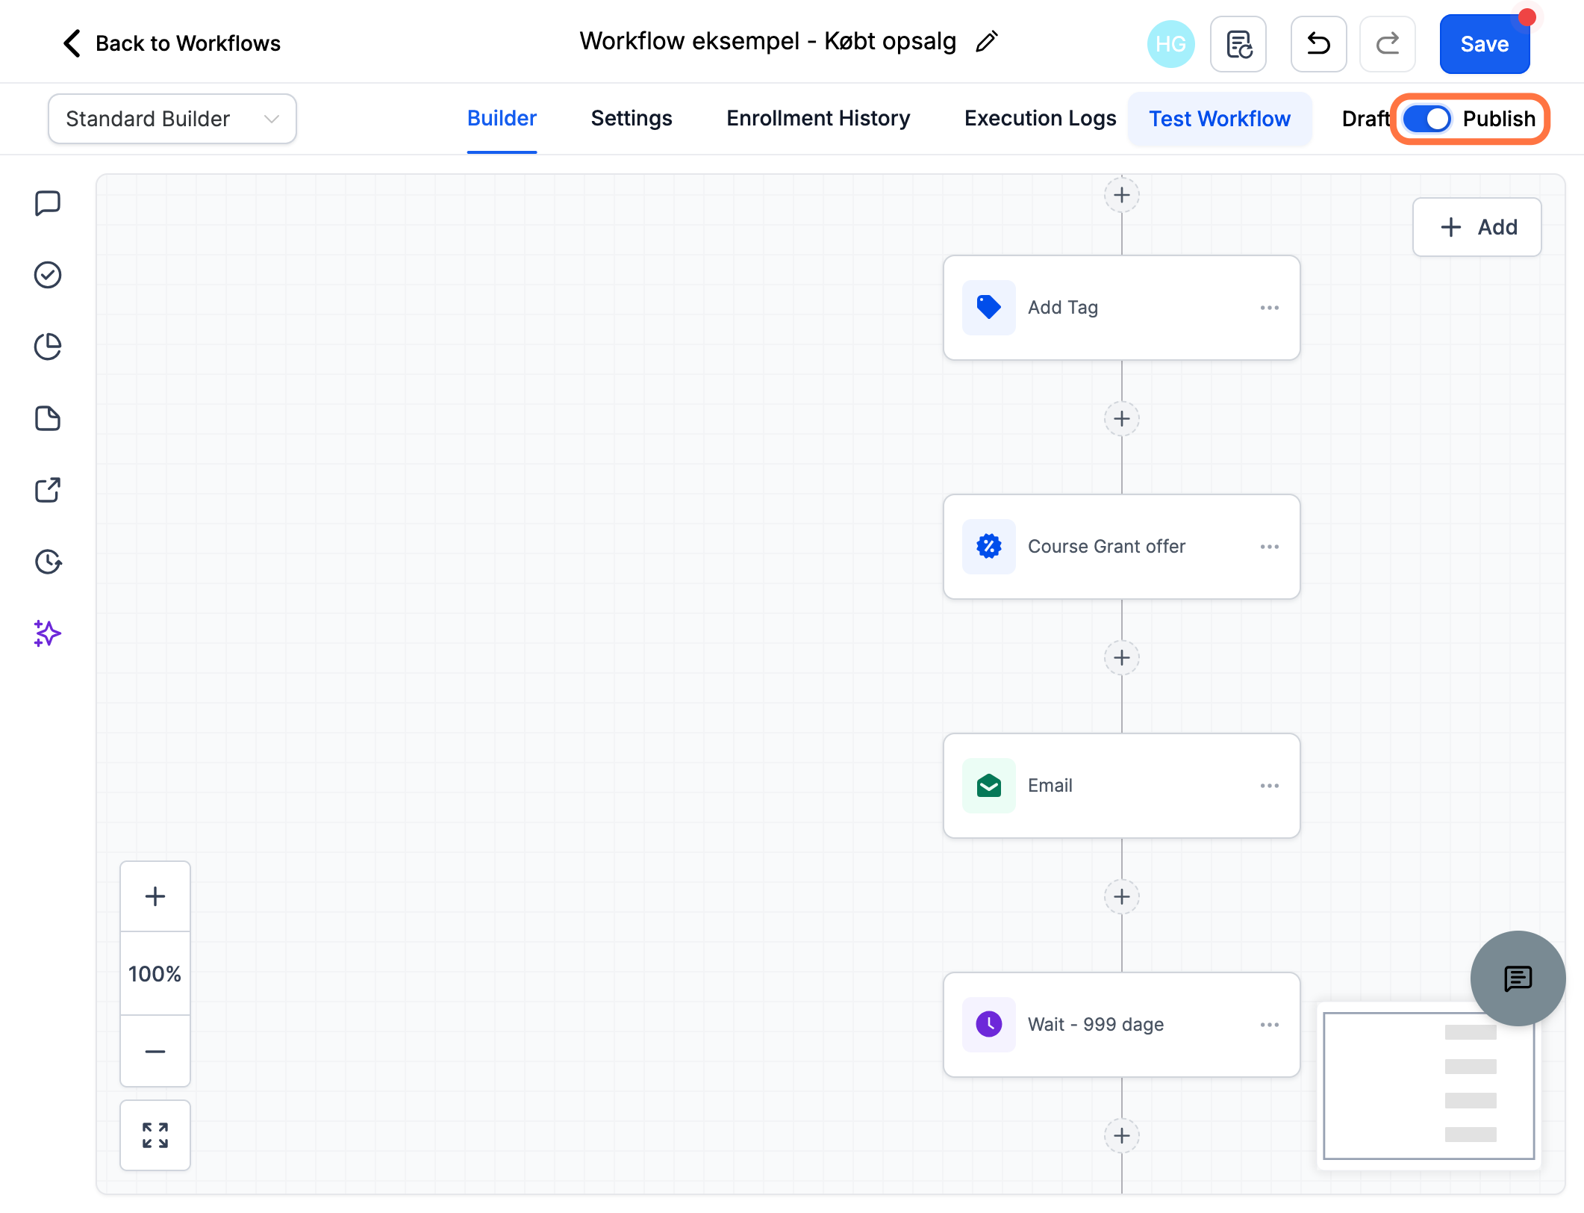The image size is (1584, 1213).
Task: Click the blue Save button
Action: tap(1484, 44)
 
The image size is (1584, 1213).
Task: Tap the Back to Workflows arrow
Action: tap(72, 43)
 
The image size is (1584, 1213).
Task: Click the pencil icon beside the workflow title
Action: tap(987, 42)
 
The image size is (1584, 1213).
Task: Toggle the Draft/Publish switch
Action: tap(1426, 119)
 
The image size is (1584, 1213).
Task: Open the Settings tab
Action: tap(632, 118)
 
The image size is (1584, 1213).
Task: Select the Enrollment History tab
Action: tap(818, 118)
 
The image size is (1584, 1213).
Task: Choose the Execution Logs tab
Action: tap(1040, 118)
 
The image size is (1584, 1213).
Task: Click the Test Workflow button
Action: tap(1220, 119)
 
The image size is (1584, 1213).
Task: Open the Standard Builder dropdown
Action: tap(172, 119)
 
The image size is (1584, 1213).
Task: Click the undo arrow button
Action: tap(1318, 44)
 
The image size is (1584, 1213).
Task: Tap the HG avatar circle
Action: tap(1170, 44)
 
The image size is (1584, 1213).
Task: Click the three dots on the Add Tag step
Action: tap(1269, 308)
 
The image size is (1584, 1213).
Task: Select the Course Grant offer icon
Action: tap(989, 547)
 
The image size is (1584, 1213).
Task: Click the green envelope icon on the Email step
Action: tap(989, 786)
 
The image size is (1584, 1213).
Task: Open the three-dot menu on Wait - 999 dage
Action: tap(1269, 1025)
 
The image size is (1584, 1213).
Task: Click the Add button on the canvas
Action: tap(1477, 227)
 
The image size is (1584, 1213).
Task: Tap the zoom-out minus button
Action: tap(155, 1051)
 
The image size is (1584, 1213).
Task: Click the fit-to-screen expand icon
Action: tap(155, 1135)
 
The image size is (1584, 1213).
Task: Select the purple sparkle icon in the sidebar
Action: tap(47, 633)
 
